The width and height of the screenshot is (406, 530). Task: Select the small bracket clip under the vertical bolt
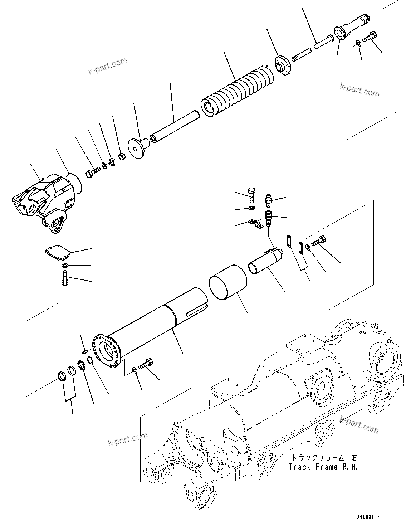(256, 224)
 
